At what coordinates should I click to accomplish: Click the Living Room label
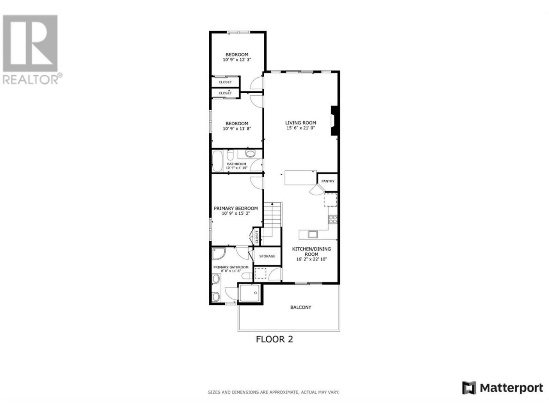[x=300, y=123]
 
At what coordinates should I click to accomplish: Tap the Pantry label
[x=327, y=181]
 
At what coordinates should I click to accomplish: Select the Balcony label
[x=301, y=307]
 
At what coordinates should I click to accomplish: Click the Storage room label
[x=267, y=256]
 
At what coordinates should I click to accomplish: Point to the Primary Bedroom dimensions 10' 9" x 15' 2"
[x=236, y=213]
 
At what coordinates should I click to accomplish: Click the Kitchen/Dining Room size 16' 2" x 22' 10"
[x=311, y=259]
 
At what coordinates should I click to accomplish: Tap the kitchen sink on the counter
[x=313, y=234]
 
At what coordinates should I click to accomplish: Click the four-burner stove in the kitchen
[x=333, y=219]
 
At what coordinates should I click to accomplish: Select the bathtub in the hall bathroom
[x=217, y=161]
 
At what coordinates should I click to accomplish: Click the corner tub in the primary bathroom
[x=218, y=254]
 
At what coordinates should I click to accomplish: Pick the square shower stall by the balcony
[x=250, y=293]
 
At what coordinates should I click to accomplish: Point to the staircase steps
[x=272, y=220]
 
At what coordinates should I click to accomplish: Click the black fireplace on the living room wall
[x=334, y=121]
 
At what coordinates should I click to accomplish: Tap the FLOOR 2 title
[x=274, y=339]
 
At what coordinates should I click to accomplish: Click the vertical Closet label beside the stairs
[x=257, y=236]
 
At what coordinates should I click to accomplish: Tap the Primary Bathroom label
[x=231, y=267]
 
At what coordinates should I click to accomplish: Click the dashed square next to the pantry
[x=330, y=200]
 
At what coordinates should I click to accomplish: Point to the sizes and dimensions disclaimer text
[x=273, y=392]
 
